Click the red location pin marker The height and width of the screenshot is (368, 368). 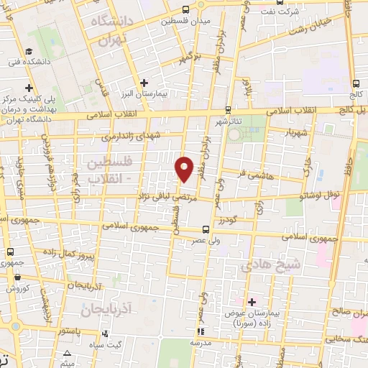pyautogui.click(x=185, y=169)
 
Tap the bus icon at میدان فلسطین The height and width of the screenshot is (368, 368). pyautogui.click(x=186, y=9)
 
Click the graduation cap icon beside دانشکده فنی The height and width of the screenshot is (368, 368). pyautogui.click(x=29, y=51)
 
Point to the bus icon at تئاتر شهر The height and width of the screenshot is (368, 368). pyautogui.click(x=228, y=110)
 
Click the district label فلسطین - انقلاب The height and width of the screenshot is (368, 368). pyautogui.click(x=107, y=170)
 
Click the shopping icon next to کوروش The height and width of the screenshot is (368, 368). pyautogui.click(x=9, y=287)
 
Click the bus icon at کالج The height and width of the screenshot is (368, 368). pyautogui.click(x=356, y=82)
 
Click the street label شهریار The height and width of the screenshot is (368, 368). pyautogui.click(x=298, y=132)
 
